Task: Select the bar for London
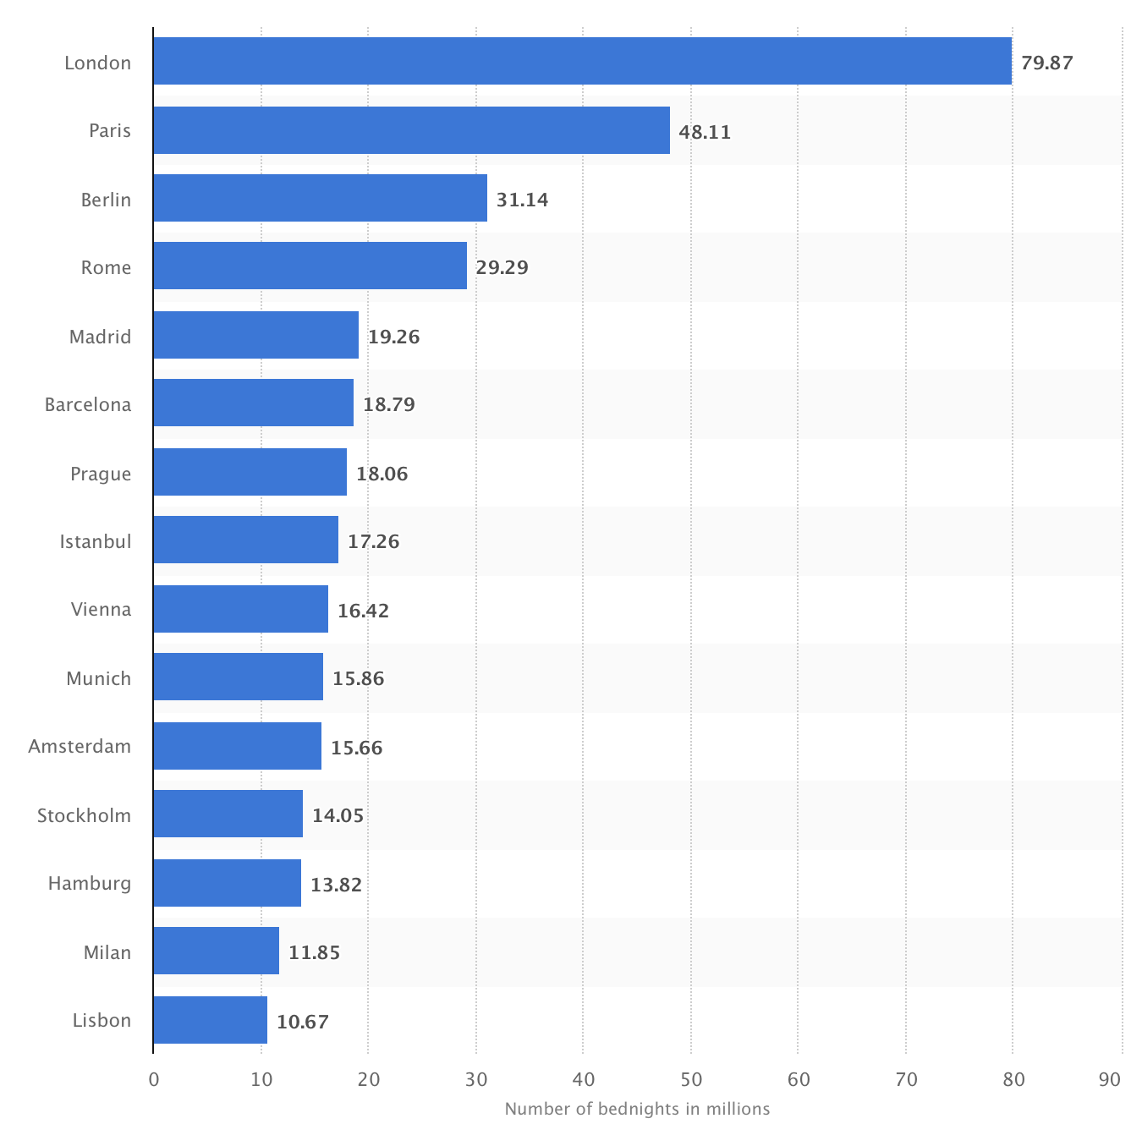(x=582, y=61)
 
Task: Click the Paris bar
(x=411, y=130)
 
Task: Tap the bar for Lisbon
(x=210, y=1020)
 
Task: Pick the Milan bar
(x=216, y=951)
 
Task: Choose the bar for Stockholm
(x=228, y=814)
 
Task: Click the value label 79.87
(x=1046, y=63)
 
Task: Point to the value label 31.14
(x=522, y=200)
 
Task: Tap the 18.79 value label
(x=389, y=404)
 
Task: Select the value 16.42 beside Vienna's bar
(x=363, y=611)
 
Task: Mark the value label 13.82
(x=336, y=885)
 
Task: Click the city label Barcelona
(x=88, y=404)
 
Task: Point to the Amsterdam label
(x=80, y=746)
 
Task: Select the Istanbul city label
(x=96, y=541)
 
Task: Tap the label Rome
(x=106, y=267)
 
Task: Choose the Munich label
(x=98, y=678)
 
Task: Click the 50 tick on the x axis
(x=691, y=1079)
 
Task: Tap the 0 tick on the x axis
(x=153, y=1079)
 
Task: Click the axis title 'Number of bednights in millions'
(x=637, y=1108)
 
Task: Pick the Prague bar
(x=250, y=472)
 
